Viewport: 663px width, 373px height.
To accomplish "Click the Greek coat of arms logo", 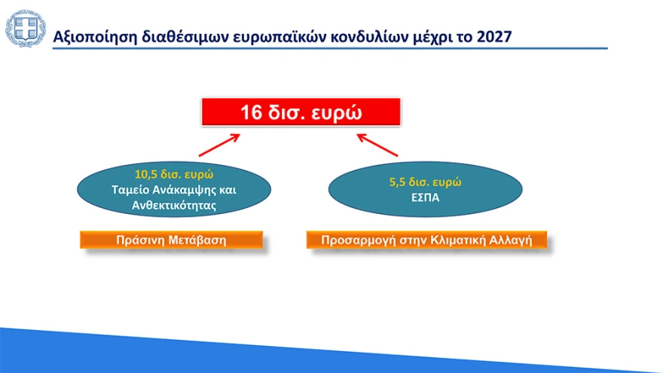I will [x=25, y=29].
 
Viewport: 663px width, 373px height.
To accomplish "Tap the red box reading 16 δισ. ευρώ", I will [x=301, y=112].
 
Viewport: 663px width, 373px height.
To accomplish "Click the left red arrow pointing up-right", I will [x=219, y=145].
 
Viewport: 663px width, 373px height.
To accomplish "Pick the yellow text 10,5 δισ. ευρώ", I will [x=174, y=173].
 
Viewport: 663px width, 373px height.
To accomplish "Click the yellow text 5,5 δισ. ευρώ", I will [x=426, y=182].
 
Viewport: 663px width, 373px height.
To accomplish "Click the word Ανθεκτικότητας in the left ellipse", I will [x=174, y=203].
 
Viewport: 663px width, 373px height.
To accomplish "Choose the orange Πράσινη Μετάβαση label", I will [x=171, y=240].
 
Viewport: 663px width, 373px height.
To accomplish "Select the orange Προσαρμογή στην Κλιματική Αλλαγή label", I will [x=426, y=240].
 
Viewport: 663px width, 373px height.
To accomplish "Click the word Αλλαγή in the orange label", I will [x=512, y=240].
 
